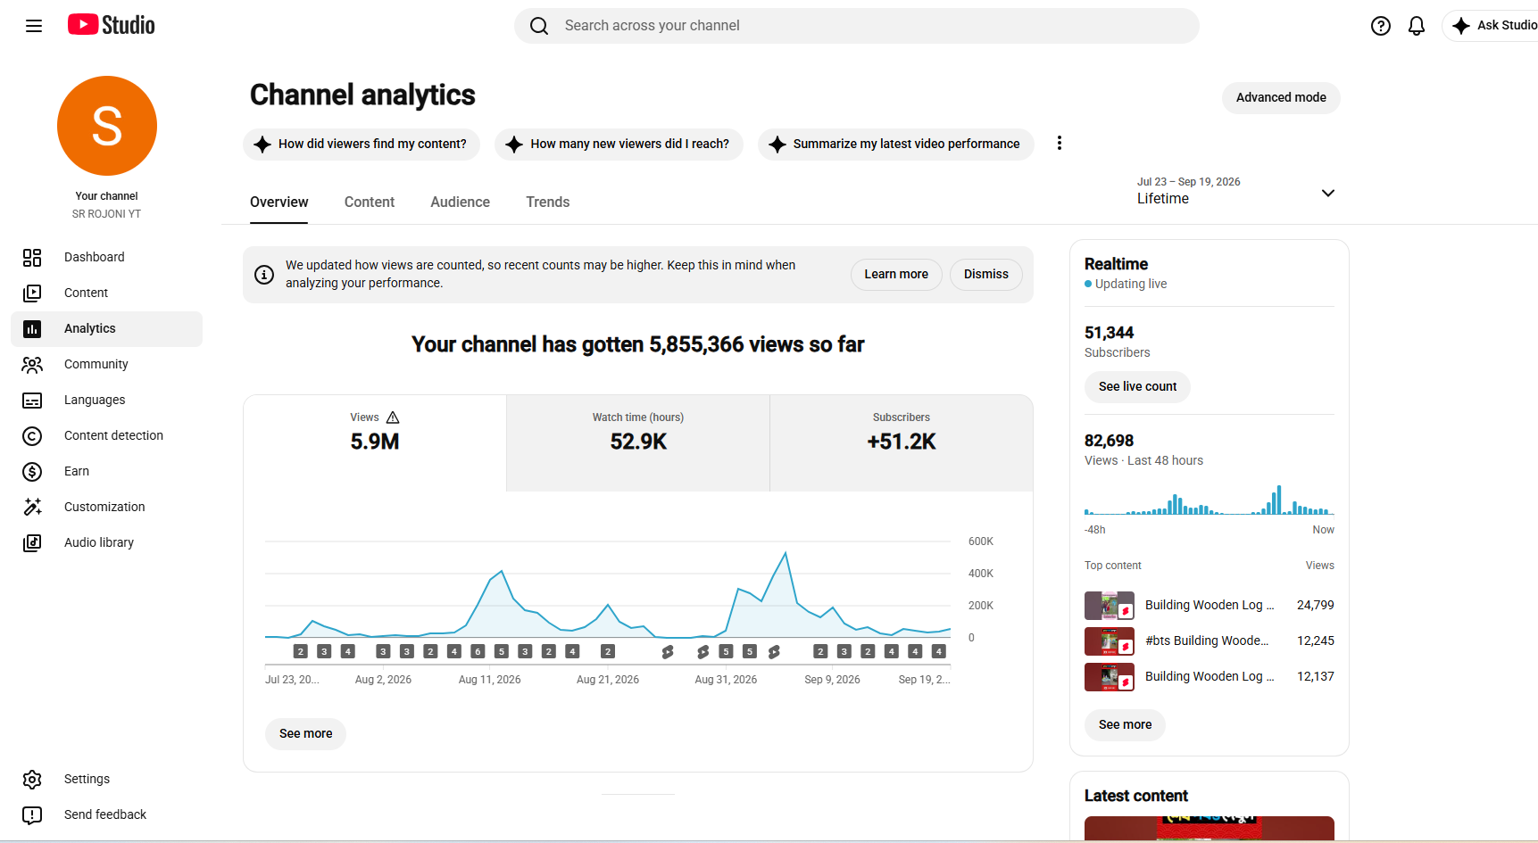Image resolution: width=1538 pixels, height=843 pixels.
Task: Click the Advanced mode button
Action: click(1281, 97)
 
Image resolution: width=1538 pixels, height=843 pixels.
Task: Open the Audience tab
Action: click(460, 202)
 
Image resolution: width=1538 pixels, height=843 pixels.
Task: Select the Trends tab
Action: click(547, 202)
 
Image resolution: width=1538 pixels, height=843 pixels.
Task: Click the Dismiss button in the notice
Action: click(985, 274)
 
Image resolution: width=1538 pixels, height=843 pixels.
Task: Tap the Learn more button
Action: click(896, 274)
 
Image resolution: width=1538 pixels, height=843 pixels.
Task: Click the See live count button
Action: click(1137, 386)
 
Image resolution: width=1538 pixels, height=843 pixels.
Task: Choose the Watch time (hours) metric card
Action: click(638, 442)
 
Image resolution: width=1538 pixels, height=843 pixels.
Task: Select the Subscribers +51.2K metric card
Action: click(902, 442)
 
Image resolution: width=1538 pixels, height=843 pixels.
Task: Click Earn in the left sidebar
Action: click(77, 471)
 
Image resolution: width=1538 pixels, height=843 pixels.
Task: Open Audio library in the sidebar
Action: click(99, 542)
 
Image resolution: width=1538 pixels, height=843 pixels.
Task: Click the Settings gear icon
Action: click(32, 779)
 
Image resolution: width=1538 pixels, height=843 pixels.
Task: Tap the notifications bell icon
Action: click(1417, 26)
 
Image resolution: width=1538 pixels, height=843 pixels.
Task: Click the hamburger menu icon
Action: click(34, 26)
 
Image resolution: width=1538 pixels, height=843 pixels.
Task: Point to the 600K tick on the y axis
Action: click(981, 541)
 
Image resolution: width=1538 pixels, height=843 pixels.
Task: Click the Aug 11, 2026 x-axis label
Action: click(489, 680)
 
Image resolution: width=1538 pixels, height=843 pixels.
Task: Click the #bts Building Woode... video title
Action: click(1207, 641)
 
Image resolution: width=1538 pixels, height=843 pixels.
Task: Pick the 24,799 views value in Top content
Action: click(1316, 605)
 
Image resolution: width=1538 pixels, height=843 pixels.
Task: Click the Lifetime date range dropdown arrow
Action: click(1328, 193)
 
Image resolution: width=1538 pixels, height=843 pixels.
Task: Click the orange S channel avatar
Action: click(107, 126)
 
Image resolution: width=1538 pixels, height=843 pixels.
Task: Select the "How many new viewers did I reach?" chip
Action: click(619, 144)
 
